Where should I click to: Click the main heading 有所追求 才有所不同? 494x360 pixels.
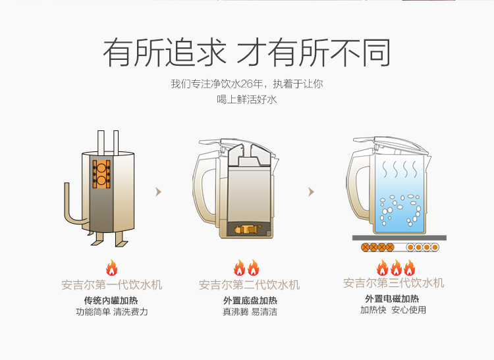[x=247, y=53]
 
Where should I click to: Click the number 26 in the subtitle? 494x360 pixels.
[x=247, y=84]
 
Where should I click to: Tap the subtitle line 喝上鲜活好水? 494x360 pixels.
[x=247, y=99]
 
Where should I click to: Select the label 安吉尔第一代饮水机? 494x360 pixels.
[x=111, y=285]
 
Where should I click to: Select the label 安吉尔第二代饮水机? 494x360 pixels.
[x=249, y=285]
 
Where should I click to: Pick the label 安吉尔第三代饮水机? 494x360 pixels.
[x=393, y=283]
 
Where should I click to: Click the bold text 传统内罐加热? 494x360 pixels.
[x=111, y=301]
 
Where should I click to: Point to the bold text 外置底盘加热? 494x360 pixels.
[x=250, y=301]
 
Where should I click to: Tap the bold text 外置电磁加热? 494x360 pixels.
[x=392, y=298]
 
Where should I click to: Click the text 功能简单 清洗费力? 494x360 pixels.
[x=112, y=312]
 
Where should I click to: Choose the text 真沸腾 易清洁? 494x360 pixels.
[x=250, y=312]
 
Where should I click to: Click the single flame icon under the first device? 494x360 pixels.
[x=112, y=268]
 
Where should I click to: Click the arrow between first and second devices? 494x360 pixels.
[x=159, y=192]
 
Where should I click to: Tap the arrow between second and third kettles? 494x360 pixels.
[x=312, y=192]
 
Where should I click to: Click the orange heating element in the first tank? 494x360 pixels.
[x=101, y=174]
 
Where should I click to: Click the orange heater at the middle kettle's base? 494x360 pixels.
[x=248, y=229]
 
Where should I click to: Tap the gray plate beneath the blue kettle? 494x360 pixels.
[x=399, y=238]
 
